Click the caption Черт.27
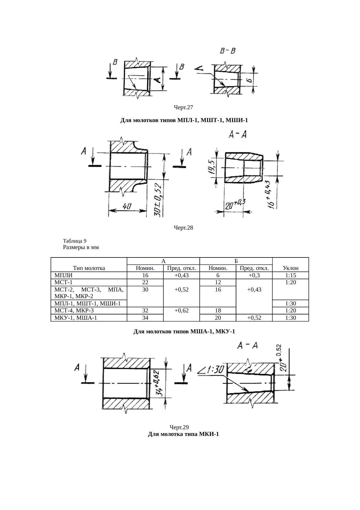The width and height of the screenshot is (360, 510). pos(183,108)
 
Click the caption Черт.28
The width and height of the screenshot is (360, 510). pos(183,228)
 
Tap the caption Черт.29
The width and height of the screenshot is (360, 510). pos(179,427)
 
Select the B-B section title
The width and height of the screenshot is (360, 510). pos(228,51)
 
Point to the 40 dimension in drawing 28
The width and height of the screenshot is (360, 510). pos(127,206)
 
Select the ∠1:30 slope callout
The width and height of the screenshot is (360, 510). pos(211,370)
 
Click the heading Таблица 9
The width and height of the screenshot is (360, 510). pos(75,241)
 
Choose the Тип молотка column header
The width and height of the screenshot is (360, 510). pos(89,268)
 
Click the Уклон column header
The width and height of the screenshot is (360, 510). pos(291,268)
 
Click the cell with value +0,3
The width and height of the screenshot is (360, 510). pos(254,275)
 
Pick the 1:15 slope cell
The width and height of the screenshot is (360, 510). pos(291,275)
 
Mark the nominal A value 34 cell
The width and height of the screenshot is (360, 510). pos(145,318)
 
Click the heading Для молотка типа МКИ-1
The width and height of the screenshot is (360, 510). pos(183,434)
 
